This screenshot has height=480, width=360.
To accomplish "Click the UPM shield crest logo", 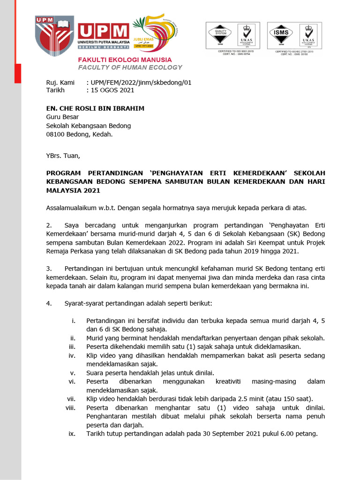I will pos(54,35).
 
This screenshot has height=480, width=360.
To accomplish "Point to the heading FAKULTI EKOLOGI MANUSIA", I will pos(125,60).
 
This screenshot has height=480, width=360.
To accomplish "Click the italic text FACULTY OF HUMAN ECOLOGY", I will pos(130,67).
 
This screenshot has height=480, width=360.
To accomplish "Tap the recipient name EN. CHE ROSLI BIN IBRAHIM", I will pos(95,108).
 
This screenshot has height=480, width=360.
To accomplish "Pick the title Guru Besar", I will pos(62,117).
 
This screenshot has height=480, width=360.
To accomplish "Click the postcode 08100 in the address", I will pos(56,134).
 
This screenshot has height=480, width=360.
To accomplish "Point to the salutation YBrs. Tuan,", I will pos(63,156).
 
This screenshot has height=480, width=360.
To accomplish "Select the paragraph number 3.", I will pos(49,269).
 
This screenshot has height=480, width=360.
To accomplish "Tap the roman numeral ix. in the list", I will pos(72,434).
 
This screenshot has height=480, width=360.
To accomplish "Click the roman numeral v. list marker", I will pos(73,373).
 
